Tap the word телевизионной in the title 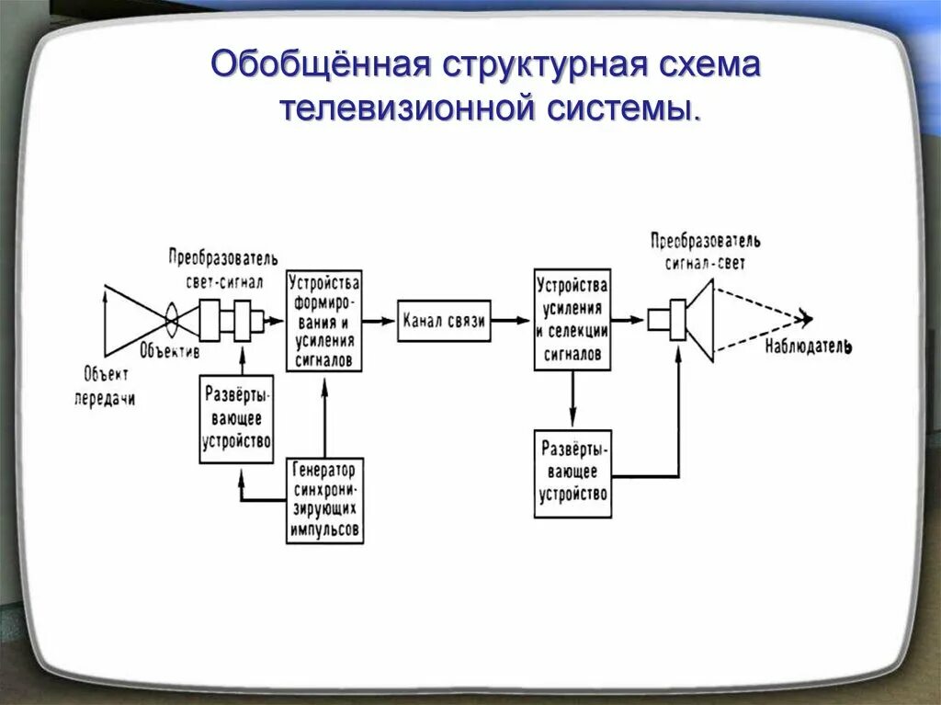[x=407, y=108]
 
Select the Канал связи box [x=444, y=321]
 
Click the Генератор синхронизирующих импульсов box [x=324, y=500]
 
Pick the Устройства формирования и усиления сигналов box [x=324, y=321]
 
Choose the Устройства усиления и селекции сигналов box [x=572, y=320]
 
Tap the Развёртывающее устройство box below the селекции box [x=572, y=472]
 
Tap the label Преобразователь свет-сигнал [x=223, y=267]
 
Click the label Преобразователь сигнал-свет [x=705, y=251]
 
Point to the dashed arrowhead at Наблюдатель [x=806, y=319]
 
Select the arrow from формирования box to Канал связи [x=379, y=321]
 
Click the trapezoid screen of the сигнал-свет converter [x=700, y=320]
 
